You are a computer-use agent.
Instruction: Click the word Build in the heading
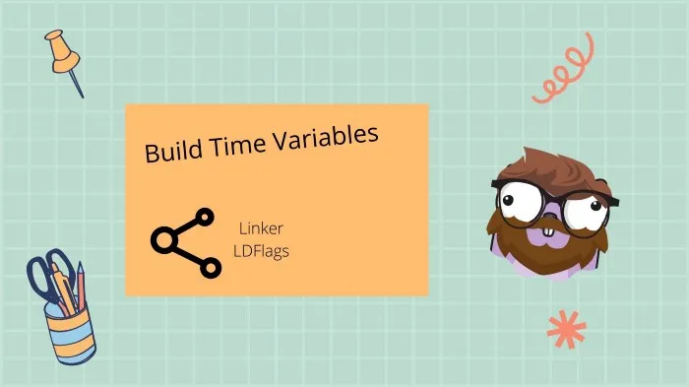coord(169,152)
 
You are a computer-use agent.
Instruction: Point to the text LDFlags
coord(260,250)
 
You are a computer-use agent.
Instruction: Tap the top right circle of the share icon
coord(205,218)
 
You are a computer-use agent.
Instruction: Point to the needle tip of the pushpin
coord(83,96)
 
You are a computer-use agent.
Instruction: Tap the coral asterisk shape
coord(565,330)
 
